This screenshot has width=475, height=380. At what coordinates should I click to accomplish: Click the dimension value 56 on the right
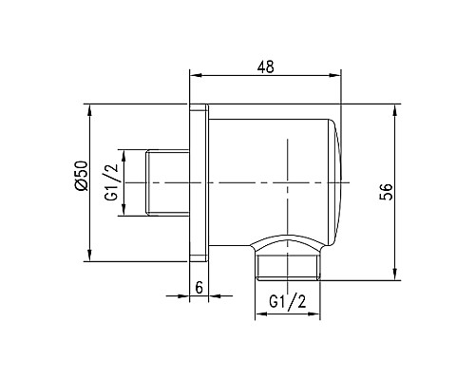pyautogui.click(x=386, y=191)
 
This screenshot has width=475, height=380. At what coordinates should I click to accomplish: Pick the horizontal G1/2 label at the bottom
pyautogui.click(x=289, y=301)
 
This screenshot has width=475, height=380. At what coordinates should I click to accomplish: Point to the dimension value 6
pyautogui.click(x=199, y=286)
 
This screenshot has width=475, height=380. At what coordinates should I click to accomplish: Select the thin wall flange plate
pyautogui.click(x=199, y=181)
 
